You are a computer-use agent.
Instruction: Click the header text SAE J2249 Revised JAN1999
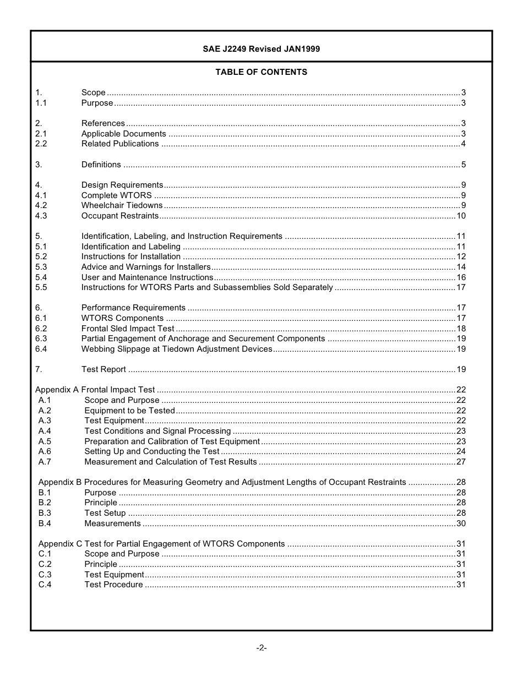261,49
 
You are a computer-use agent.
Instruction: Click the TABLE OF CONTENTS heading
261,72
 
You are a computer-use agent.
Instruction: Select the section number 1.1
41,103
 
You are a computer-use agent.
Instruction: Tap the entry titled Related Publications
120,144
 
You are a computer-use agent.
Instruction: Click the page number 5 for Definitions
464,165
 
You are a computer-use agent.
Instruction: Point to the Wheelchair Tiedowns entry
122,205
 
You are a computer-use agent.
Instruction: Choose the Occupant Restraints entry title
120,216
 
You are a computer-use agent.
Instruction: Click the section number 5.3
41,267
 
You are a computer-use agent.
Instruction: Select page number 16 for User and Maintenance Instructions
461,277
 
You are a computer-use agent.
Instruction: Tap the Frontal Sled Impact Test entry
128,329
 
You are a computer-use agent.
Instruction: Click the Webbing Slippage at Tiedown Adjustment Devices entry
177,349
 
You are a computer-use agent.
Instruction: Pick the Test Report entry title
103,369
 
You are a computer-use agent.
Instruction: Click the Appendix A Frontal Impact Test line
95,390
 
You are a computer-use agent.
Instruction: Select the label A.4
45,431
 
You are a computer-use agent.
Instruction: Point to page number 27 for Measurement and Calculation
461,462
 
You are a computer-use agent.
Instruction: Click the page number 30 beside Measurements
461,523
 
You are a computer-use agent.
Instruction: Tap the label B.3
45,513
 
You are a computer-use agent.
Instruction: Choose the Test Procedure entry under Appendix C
113,585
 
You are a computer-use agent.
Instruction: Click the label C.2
45,564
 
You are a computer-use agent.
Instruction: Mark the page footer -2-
261,648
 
